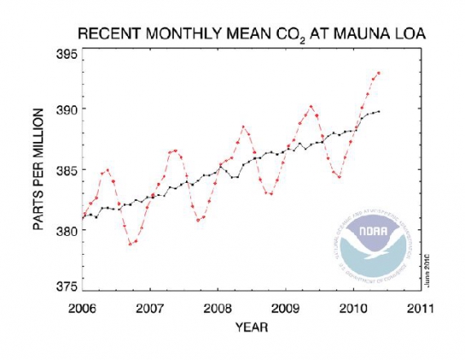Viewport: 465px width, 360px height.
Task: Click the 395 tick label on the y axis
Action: pyautogui.click(x=67, y=54)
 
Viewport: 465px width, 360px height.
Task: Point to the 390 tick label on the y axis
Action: pyautogui.click(x=67, y=109)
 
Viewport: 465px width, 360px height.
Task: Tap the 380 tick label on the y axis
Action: pyautogui.click(x=67, y=230)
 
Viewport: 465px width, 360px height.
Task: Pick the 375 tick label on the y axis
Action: pyautogui.click(x=67, y=287)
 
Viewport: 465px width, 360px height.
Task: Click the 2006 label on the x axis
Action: pyautogui.click(x=82, y=309)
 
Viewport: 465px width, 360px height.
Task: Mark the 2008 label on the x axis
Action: pyautogui.click(x=216, y=309)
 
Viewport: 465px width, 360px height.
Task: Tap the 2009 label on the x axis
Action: pyautogui.click(x=284, y=309)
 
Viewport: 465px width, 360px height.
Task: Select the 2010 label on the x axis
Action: pyautogui.click(x=352, y=309)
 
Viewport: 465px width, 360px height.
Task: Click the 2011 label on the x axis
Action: pyautogui.click(x=418, y=309)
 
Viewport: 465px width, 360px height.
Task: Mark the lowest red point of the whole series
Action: pyautogui.click(x=130, y=244)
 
